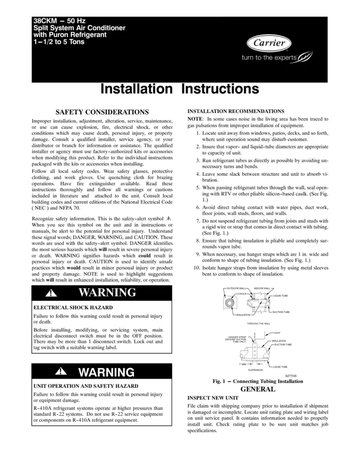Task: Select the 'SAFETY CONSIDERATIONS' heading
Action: tap(102, 113)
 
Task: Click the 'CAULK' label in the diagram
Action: tap(243, 293)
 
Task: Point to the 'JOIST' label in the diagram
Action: tap(277, 332)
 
